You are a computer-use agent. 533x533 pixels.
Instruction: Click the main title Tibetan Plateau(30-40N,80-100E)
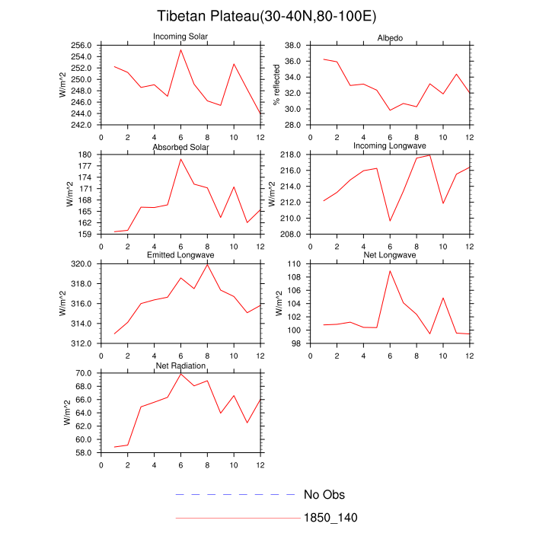(x=266, y=16)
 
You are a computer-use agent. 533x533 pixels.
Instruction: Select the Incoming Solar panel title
(x=180, y=37)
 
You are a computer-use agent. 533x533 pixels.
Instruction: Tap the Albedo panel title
(x=390, y=39)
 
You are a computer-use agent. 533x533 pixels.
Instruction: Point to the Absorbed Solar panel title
(x=180, y=146)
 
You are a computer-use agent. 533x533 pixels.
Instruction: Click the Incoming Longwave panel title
(x=390, y=145)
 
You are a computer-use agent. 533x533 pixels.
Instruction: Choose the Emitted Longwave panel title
(x=180, y=255)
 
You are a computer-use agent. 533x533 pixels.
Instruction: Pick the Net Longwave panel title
(x=390, y=255)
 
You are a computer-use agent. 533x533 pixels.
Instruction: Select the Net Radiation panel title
(x=180, y=365)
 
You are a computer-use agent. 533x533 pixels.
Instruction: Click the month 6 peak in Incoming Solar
(x=180, y=50)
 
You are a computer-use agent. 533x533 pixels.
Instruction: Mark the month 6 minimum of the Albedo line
(x=390, y=110)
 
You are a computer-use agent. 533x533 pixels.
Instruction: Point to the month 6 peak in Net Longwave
(x=390, y=270)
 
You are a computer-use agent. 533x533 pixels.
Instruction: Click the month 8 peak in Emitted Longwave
(x=207, y=264)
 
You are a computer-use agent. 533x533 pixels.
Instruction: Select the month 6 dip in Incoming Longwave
(x=390, y=221)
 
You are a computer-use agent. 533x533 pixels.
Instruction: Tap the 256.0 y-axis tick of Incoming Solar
(x=84, y=46)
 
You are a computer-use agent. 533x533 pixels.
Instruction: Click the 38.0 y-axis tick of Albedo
(x=294, y=46)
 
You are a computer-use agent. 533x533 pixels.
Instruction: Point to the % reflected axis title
(x=279, y=85)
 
